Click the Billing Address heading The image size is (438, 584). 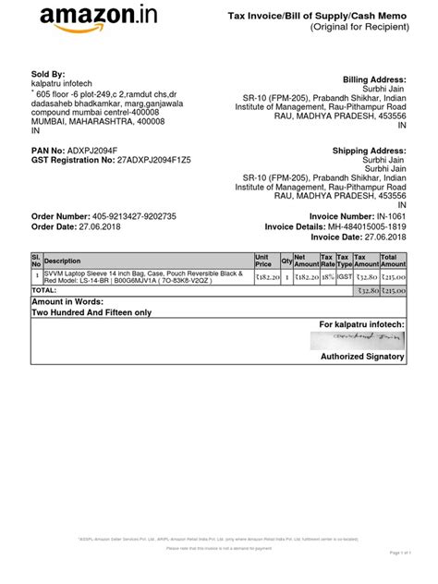[x=374, y=80]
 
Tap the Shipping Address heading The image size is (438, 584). [x=370, y=150]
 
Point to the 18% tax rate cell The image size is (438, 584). [x=326, y=275]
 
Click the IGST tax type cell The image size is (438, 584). [x=343, y=275]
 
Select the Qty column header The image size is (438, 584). [x=286, y=261]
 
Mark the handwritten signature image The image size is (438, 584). [x=361, y=341]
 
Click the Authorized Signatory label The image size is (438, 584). [x=363, y=357]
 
